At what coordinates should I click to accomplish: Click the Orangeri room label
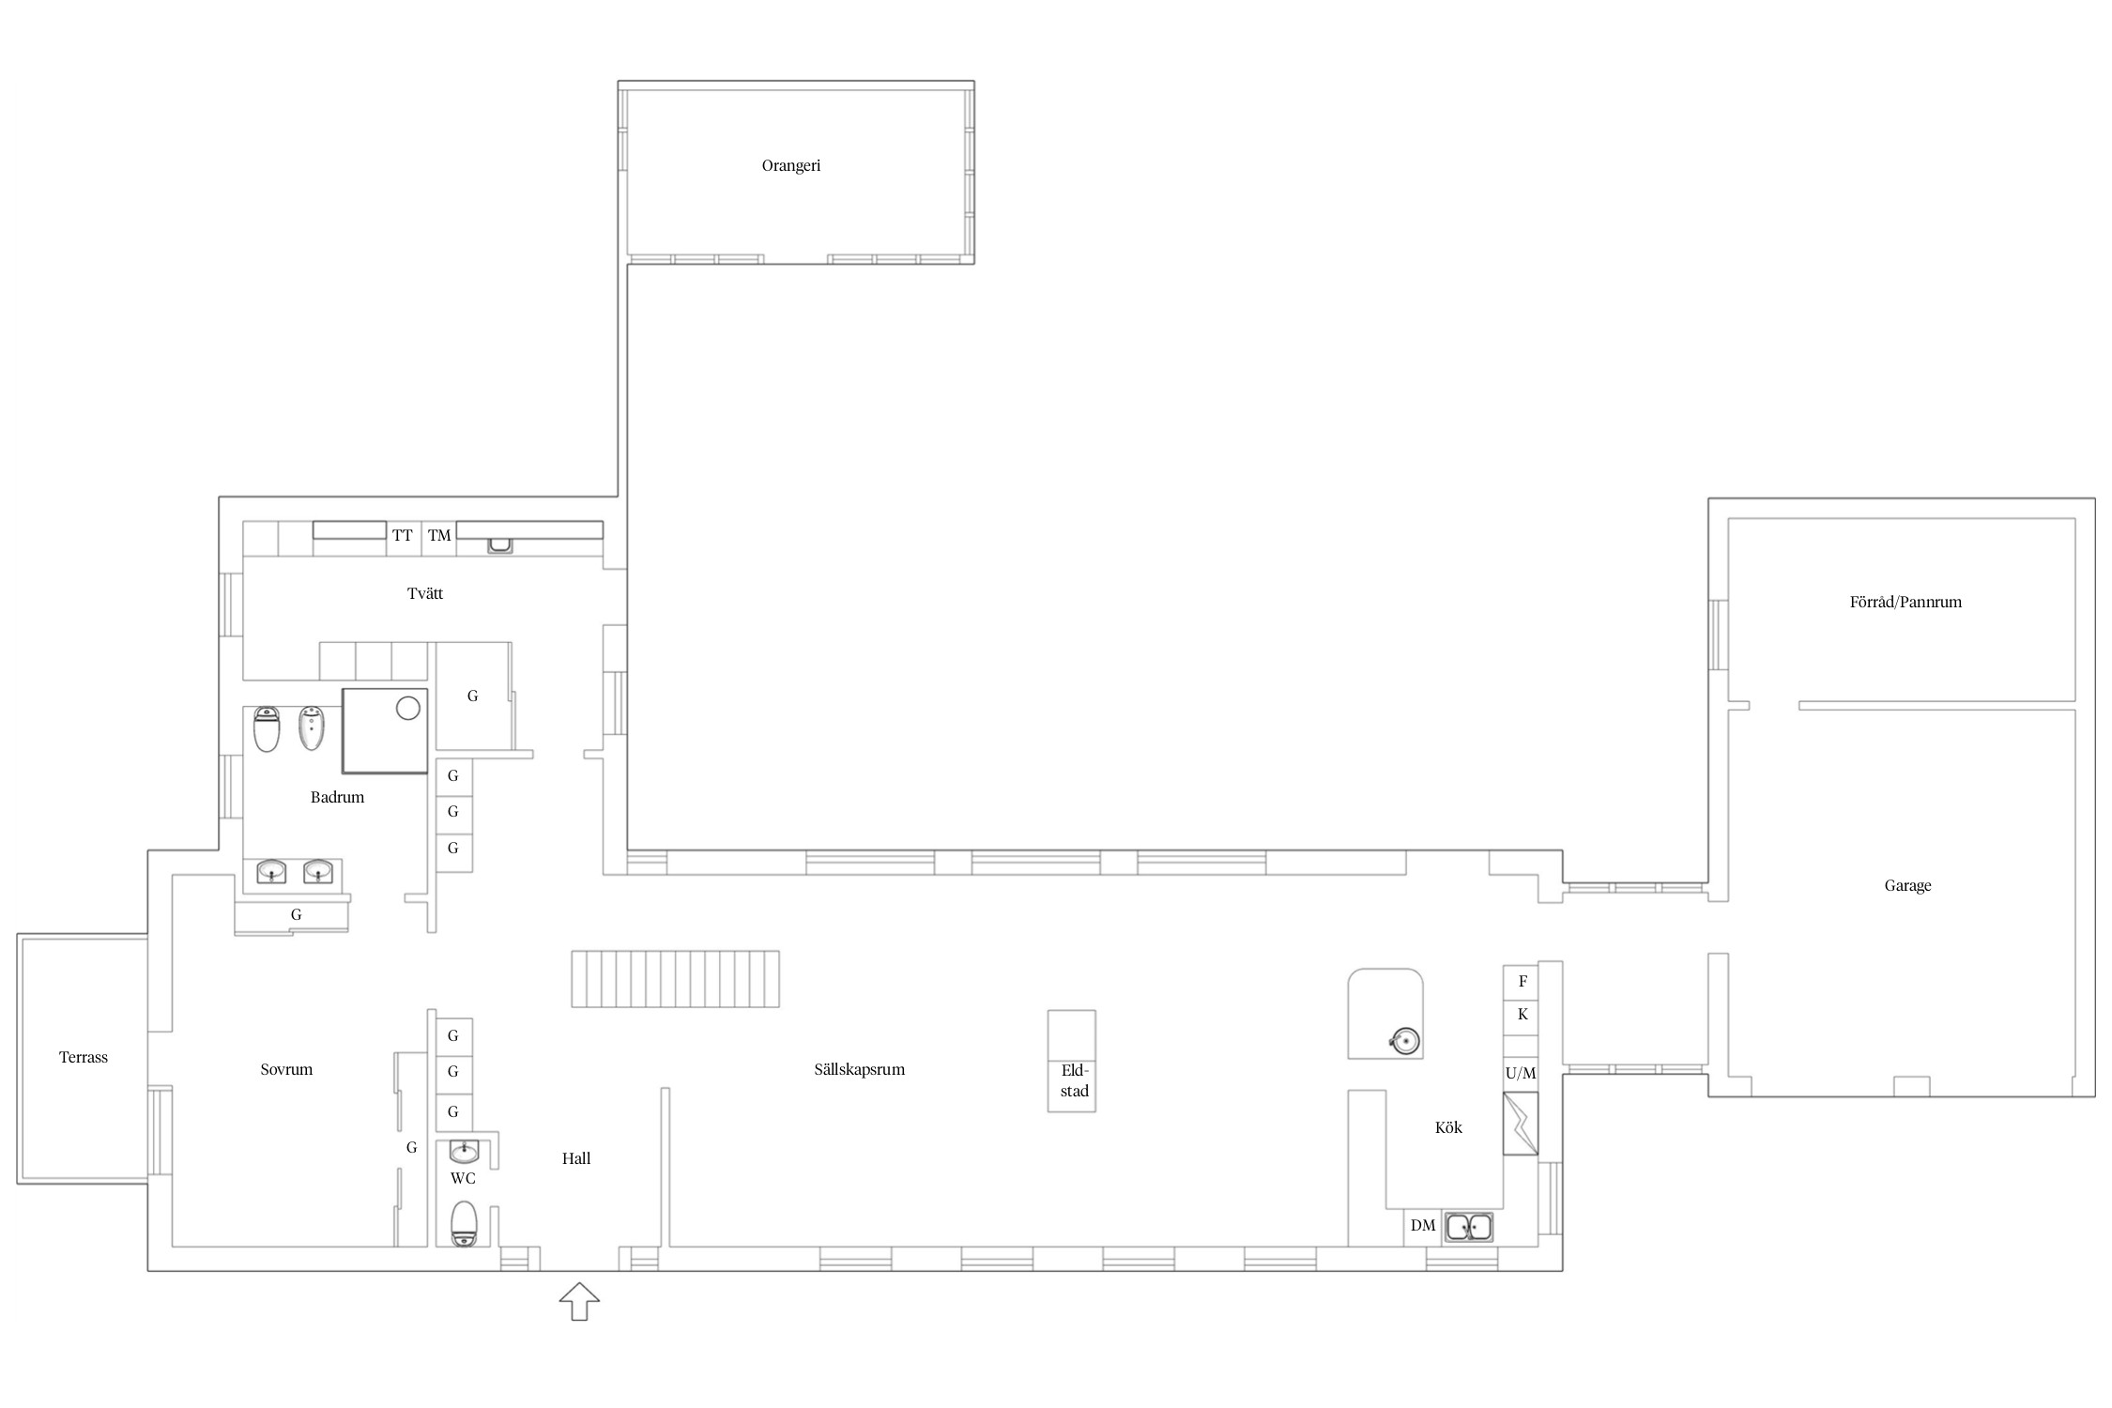tap(790, 166)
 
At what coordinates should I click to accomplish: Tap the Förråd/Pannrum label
tap(1905, 603)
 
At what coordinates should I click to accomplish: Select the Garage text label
tap(1907, 885)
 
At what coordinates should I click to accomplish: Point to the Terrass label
tap(84, 1057)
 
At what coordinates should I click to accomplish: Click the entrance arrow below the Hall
tap(579, 1301)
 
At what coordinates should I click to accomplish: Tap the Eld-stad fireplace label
tap(1074, 1080)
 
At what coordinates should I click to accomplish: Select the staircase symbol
tap(676, 979)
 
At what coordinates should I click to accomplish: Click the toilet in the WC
tap(464, 1223)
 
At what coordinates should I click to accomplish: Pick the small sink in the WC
tap(464, 1151)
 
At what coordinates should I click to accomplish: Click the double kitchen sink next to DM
tap(1469, 1227)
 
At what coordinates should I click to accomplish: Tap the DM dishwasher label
tap(1423, 1225)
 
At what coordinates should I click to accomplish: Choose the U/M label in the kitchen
tap(1521, 1073)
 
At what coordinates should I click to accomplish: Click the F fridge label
tap(1523, 982)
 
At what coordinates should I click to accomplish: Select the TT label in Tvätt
tap(402, 536)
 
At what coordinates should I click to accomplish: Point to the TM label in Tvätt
tap(439, 536)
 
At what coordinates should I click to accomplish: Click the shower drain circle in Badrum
tap(407, 708)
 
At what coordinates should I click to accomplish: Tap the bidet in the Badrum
tap(311, 728)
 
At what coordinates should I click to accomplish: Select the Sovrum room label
tap(286, 1069)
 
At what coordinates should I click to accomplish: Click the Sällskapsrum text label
tap(859, 1069)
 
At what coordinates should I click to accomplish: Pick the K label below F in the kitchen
tap(1523, 1015)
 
